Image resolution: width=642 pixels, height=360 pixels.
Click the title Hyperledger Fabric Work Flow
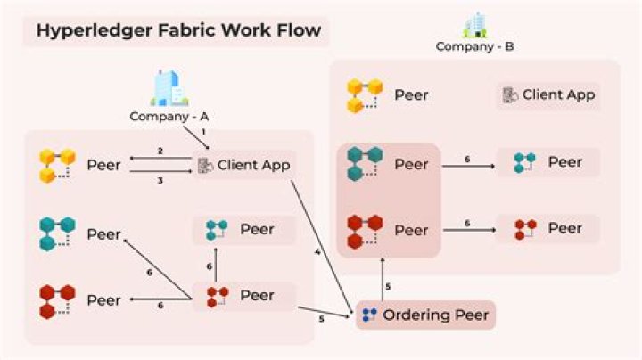click(x=178, y=30)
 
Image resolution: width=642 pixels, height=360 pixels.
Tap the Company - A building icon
click(x=169, y=87)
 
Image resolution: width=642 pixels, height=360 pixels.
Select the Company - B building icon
click(x=475, y=25)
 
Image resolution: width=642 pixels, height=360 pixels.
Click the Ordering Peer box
click(x=425, y=315)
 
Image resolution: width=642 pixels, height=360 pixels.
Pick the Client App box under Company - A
click(x=244, y=165)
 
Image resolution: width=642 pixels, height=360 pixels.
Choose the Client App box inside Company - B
click(x=548, y=95)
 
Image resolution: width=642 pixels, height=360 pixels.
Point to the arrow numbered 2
click(x=160, y=158)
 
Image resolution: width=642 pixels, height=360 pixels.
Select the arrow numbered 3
click(x=160, y=171)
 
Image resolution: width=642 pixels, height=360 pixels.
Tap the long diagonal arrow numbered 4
click(x=322, y=247)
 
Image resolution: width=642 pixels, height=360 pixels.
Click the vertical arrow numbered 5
click(x=383, y=280)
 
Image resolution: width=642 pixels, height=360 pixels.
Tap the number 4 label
click(x=317, y=252)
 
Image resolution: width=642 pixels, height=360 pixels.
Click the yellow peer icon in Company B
click(x=365, y=95)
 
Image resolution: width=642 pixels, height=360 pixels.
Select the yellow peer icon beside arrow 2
click(x=57, y=166)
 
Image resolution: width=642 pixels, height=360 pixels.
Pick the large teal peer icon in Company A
click(x=57, y=233)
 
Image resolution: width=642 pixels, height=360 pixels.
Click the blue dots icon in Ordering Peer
click(x=369, y=315)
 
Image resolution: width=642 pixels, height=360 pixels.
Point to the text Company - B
click(x=474, y=46)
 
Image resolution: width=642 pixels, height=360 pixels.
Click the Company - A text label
click(x=169, y=117)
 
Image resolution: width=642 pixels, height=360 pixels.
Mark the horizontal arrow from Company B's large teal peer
click(x=469, y=166)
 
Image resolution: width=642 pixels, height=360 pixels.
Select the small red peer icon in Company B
click(x=525, y=230)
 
